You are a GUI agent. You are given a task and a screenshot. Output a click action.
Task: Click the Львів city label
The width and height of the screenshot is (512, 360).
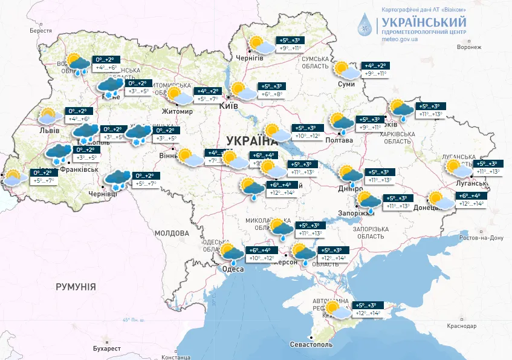tap(48, 130)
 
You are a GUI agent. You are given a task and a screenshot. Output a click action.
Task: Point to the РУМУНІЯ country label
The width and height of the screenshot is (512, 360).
tap(76, 286)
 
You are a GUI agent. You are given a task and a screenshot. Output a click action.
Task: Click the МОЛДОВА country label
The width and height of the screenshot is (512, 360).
tap(172, 232)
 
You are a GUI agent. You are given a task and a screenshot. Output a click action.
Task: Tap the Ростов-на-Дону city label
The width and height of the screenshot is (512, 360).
tap(481, 238)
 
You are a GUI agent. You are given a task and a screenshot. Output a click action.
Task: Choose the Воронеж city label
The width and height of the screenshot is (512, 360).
tap(469, 47)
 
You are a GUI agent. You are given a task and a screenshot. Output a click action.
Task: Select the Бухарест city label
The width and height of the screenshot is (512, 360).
tap(99, 349)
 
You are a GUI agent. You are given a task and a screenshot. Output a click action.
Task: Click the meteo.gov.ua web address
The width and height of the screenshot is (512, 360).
tap(400, 39)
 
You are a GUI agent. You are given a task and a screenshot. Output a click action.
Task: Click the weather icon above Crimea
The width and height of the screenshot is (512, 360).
tap(337, 309)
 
